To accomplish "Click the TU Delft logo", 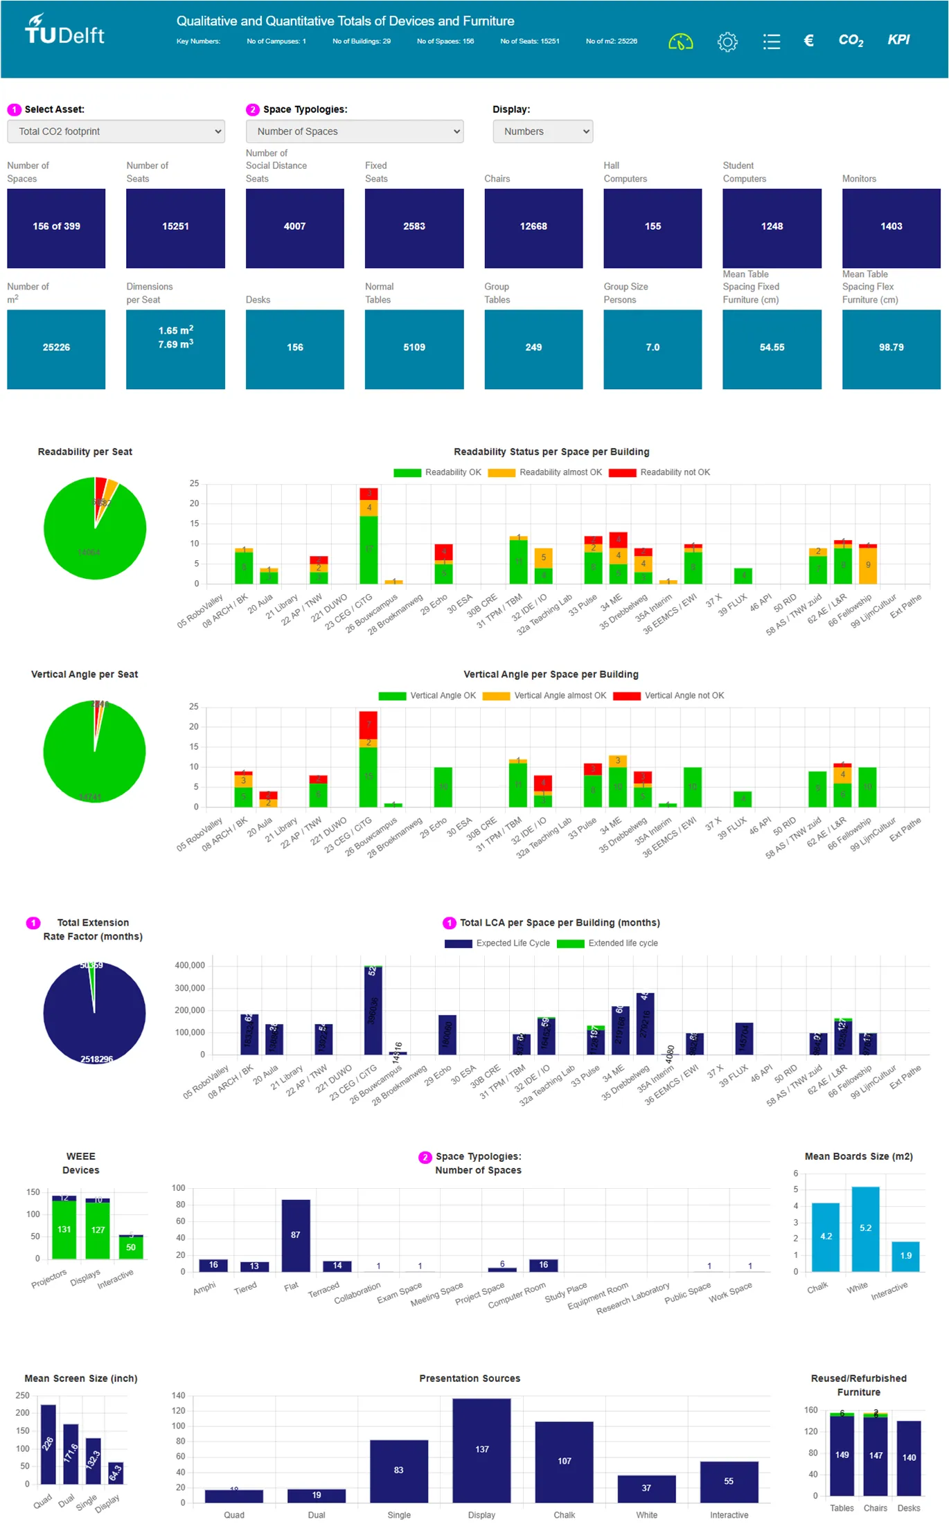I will [64, 30].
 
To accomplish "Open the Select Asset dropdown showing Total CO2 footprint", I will [116, 132].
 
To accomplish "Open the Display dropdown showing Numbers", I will [542, 132].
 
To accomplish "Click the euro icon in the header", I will [808, 41].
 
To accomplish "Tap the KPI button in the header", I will [898, 40].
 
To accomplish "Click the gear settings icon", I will [727, 42].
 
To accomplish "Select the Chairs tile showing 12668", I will [533, 228].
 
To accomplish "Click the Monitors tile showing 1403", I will [891, 228].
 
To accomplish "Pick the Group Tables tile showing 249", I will [533, 349].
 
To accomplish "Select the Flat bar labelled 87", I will [296, 1235].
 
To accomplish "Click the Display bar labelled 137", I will [481, 1450].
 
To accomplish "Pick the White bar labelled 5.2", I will [865, 1229].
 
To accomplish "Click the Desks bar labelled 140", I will [909, 1457].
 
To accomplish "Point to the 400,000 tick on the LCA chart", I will [190, 966].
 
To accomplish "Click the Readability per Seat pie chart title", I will [85, 452].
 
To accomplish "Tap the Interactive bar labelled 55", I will [729, 1482].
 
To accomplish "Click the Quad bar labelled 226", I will [48, 1444].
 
